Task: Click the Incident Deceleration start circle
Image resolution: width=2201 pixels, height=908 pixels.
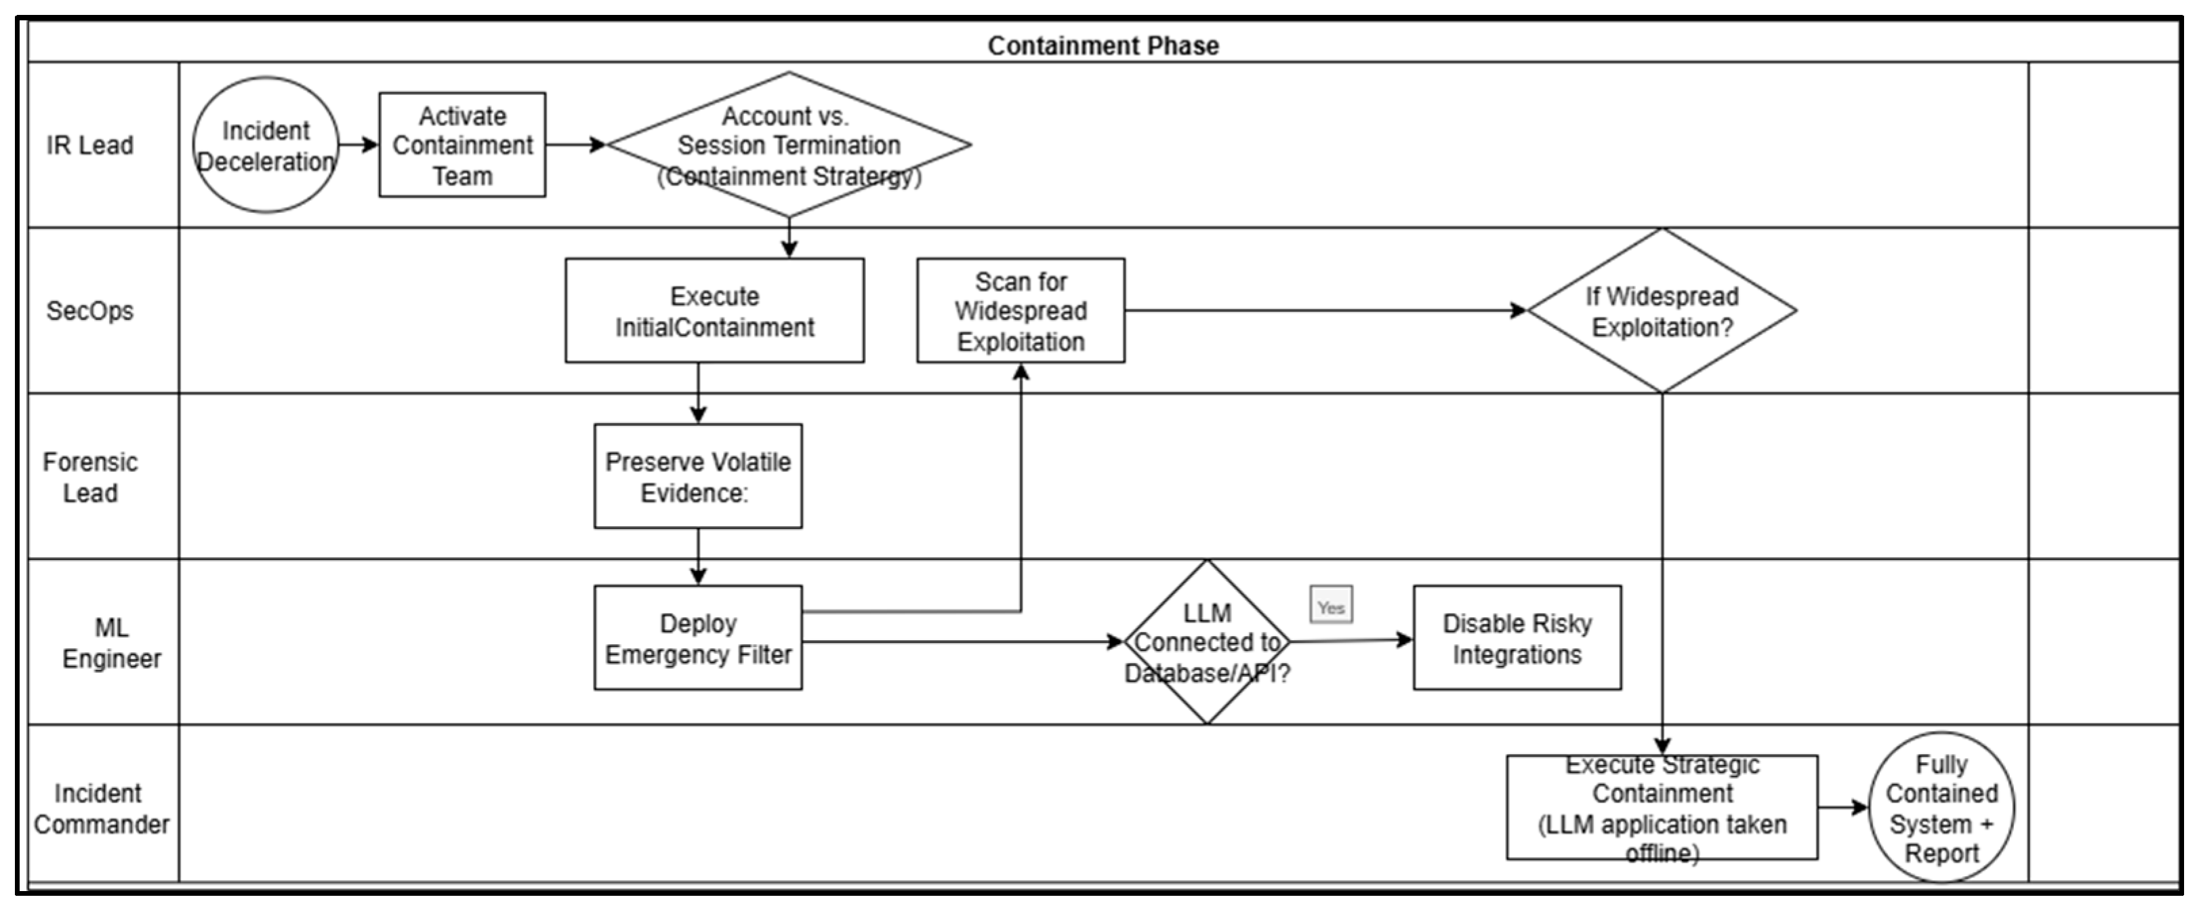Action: tap(266, 144)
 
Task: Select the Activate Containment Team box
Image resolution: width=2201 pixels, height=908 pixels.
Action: tap(462, 144)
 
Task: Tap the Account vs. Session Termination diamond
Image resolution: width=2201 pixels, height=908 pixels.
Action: tap(789, 144)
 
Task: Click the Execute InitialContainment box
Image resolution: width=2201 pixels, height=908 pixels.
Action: tap(714, 311)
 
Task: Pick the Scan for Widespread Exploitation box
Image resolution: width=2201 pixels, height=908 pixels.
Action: tap(1021, 311)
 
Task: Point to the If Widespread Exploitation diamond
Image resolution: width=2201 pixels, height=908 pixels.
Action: tap(1662, 311)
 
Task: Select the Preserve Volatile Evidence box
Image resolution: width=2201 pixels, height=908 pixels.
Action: tap(698, 476)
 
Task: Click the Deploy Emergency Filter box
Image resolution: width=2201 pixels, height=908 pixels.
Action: tap(698, 638)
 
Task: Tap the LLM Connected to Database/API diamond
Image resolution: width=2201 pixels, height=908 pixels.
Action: tap(1208, 642)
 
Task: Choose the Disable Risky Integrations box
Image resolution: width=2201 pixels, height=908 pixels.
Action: tap(1517, 638)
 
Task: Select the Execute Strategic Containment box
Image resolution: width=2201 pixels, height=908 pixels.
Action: tap(1662, 807)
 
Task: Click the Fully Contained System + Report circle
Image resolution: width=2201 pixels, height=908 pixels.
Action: tap(1941, 807)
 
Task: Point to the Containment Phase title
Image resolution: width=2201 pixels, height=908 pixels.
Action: tap(1103, 45)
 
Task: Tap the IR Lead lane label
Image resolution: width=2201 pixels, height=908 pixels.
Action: tap(89, 145)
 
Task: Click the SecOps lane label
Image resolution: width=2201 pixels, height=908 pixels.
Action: tap(89, 311)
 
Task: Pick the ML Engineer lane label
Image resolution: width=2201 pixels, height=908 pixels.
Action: tap(111, 643)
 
